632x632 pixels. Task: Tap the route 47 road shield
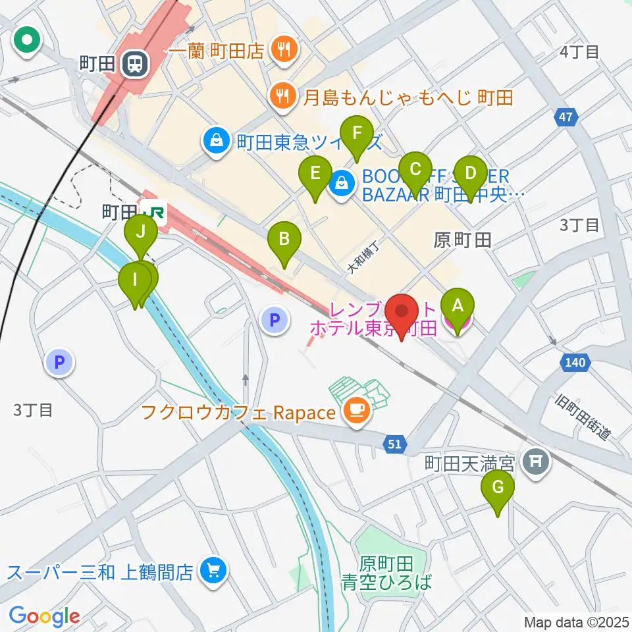pyautogui.click(x=566, y=118)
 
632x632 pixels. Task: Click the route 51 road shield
pyautogui.click(x=394, y=446)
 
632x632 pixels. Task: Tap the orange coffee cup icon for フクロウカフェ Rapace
pyautogui.click(x=357, y=412)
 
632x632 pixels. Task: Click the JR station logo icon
pyautogui.click(x=155, y=212)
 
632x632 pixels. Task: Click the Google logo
pyautogui.click(x=44, y=617)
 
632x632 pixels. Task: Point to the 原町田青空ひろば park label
pyautogui.click(x=387, y=572)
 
